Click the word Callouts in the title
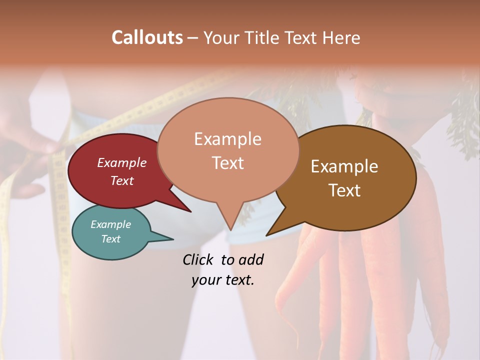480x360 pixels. pos(147,37)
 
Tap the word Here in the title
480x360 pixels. pos(342,37)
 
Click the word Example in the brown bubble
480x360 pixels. pos(344,166)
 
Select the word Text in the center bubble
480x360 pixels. pos(228,163)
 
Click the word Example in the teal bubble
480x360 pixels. pos(110,224)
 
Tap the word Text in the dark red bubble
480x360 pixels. pos(122,180)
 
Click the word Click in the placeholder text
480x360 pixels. pos(198,259)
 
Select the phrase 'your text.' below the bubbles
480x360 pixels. pos(222,280)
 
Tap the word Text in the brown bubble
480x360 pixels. pos(344,190)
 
